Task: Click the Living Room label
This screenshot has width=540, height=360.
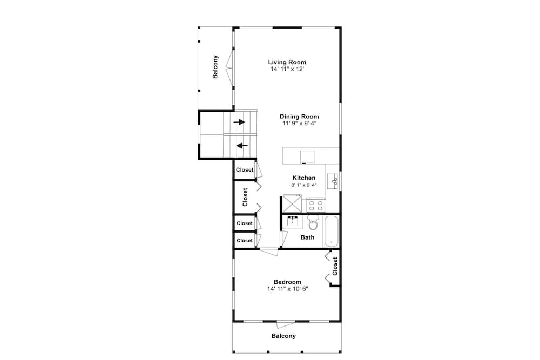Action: pos(287,62)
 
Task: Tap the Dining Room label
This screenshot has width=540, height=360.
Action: pos(299,117)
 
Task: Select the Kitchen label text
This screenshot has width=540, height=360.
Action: pos(303,178)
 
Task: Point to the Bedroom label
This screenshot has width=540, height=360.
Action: pos(288,282)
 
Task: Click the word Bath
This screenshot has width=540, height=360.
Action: pos(308,237)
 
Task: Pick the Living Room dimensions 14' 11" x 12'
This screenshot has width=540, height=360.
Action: pos(287,69)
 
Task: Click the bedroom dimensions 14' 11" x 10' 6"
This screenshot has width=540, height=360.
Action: pos(288,289)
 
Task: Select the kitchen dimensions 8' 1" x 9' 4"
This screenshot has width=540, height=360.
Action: pos(303,185)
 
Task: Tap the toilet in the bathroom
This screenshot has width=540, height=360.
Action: pos(313,222)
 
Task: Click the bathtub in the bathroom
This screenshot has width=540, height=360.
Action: pos(332,232)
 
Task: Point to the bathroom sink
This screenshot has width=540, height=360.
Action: pos(293,221)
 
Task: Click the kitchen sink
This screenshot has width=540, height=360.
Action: pos(332,181)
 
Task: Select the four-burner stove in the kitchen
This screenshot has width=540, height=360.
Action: pos(316,206)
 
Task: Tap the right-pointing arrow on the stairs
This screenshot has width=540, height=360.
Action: pos(239,122)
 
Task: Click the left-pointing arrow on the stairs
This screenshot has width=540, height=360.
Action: pos(242,146)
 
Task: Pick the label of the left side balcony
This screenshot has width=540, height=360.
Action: pos(215,67)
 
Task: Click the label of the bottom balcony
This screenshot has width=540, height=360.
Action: pos(283,336)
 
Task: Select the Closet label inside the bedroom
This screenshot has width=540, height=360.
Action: pos(335,267)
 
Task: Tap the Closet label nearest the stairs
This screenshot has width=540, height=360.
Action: pos(245,170)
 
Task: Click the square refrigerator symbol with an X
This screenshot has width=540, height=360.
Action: pos(292,203)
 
